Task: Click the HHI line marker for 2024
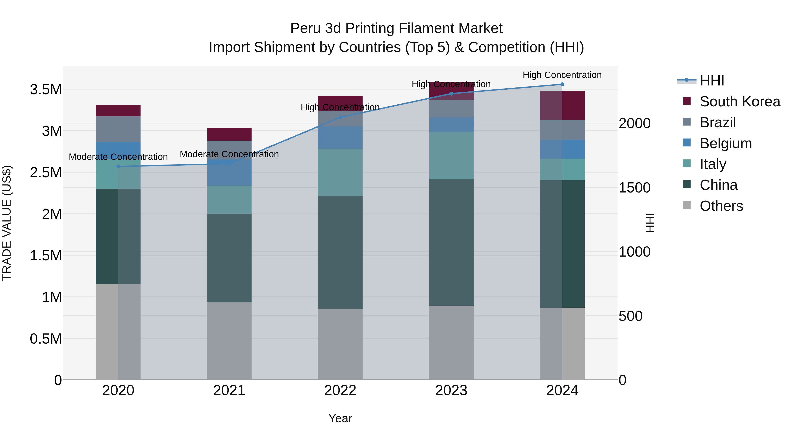[562, 84]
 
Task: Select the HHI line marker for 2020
[118, 167]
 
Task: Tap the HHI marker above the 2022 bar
[340, 117]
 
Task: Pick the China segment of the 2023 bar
[451, 242]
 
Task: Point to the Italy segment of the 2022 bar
[340, 172]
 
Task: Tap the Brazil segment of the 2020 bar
[118, 129]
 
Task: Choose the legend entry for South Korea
[740, 102]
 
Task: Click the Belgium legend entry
[726, 143]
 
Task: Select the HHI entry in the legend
[712, 81]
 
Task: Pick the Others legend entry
[721, 206]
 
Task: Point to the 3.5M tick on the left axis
[46, 90]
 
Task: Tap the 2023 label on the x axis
[451, 390]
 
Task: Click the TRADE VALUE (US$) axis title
[7, 223]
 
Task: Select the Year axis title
[340, 418]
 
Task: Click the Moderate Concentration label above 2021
[229, 154]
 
